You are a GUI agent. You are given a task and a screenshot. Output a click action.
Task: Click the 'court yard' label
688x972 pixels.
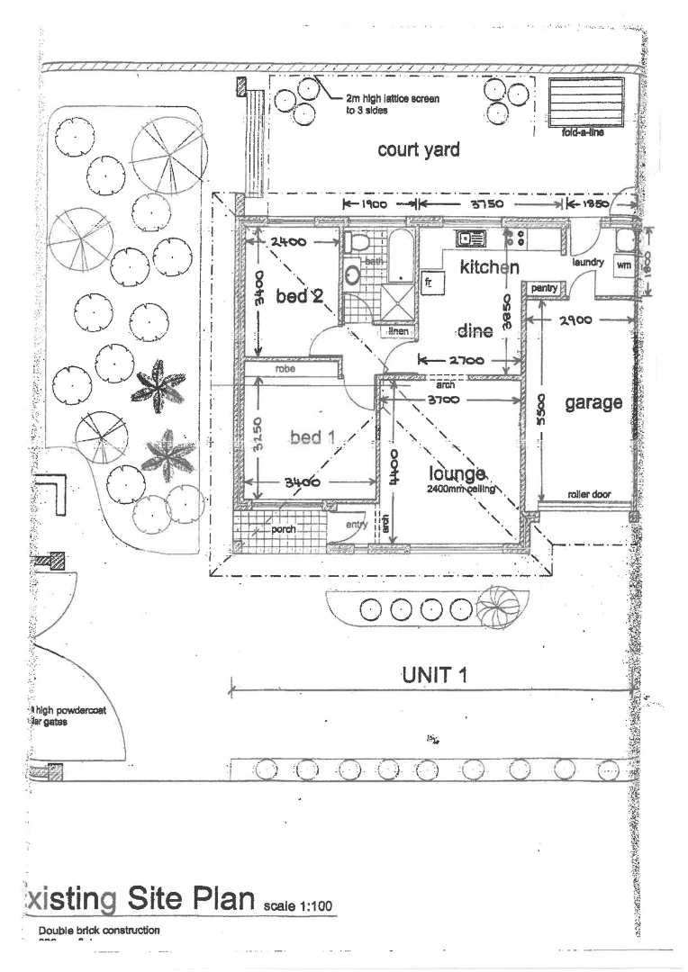[418, 149]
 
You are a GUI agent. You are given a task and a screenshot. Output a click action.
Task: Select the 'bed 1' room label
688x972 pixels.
[312, 437]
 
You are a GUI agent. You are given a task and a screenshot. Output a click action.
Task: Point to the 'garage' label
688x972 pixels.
[593, 402]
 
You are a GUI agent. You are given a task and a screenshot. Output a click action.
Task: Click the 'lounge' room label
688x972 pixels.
[457, 473]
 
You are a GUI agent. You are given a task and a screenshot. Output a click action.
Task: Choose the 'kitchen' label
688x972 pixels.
[489, 267]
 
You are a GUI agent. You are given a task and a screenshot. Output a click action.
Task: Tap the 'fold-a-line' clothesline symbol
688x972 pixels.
[585, 103]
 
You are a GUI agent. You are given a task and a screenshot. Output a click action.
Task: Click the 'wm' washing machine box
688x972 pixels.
[622, 265]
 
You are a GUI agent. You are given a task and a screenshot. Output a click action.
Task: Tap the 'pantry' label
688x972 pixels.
[545, 288]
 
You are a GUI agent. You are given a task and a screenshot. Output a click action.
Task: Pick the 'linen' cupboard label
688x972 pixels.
[398, 331]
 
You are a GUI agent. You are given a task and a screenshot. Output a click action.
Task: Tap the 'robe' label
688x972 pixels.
[285, 369]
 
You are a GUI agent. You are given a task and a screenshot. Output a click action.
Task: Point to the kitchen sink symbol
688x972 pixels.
[470, 239]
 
